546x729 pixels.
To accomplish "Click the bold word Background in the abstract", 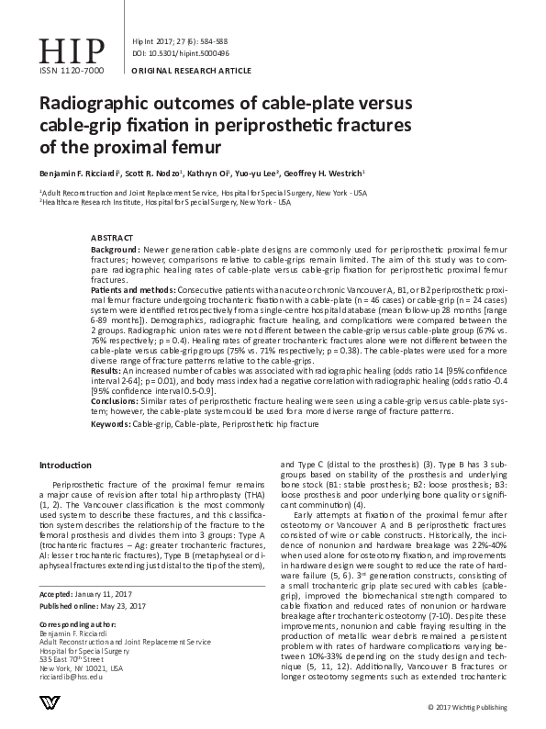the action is point(115,250).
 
